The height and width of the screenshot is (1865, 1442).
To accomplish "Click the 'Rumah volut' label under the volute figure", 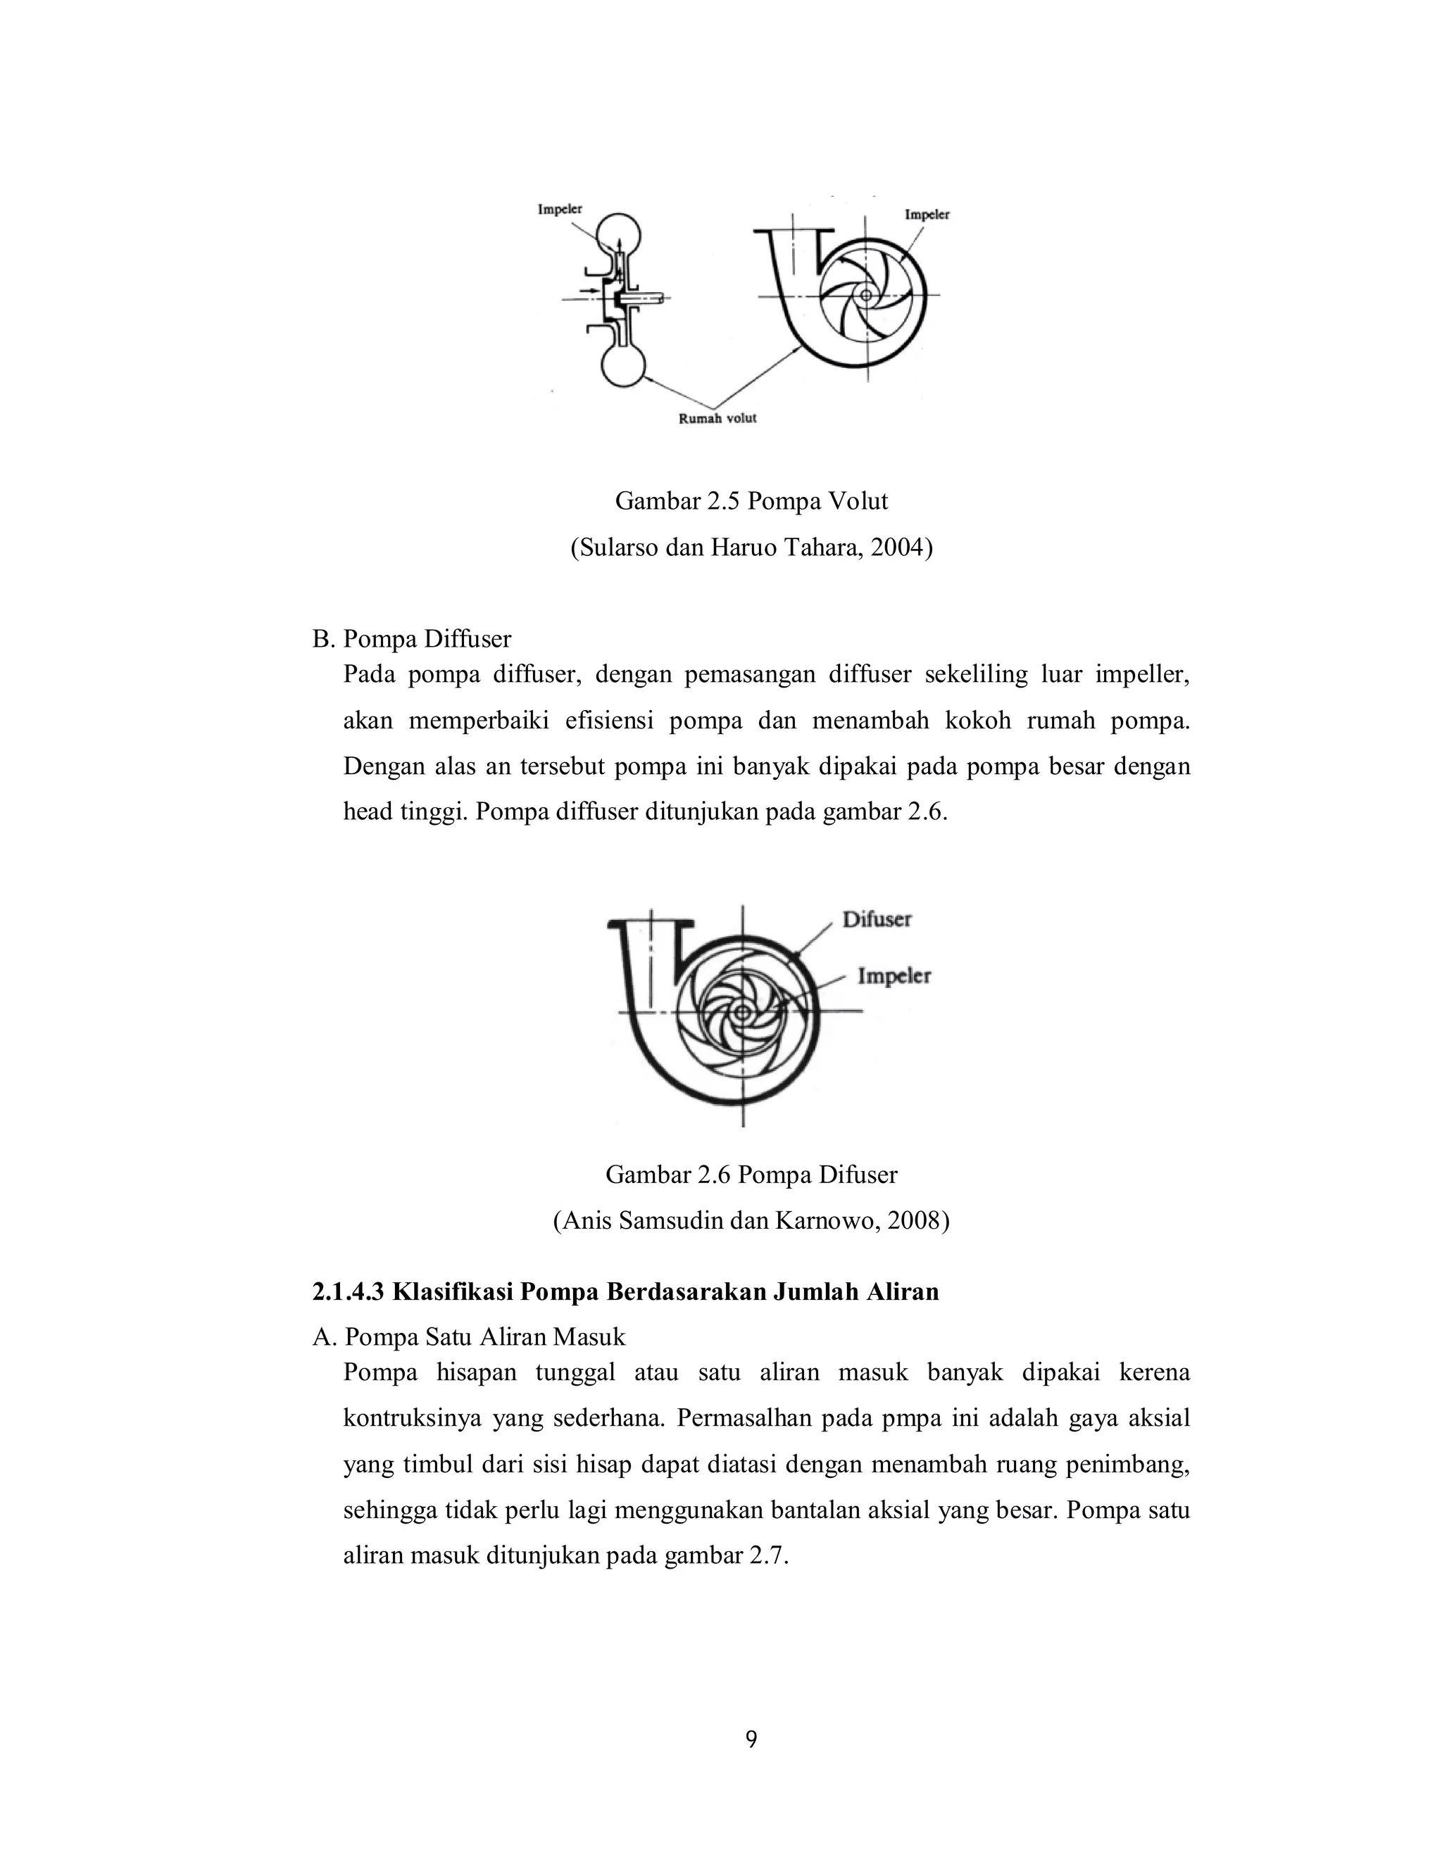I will (717, 419).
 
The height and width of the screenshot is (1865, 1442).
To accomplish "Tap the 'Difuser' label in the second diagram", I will (877, 920).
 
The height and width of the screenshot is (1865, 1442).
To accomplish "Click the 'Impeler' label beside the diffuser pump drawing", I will (894, 976).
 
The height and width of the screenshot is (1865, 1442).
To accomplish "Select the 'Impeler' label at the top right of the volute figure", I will (927, 215).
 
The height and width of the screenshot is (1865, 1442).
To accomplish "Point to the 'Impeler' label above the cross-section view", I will (560, 209).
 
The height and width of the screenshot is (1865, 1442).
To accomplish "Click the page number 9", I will (751, 1740).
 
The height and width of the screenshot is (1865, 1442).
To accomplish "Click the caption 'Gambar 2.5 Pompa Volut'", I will (751, 501).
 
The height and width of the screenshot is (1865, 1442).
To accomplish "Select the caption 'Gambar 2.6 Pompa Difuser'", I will (751, 1175).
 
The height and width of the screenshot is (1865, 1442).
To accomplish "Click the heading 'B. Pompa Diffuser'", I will (412, 639).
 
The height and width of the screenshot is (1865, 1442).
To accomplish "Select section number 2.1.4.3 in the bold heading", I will (349, 1292).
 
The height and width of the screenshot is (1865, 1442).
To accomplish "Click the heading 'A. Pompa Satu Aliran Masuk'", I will (469, 1337).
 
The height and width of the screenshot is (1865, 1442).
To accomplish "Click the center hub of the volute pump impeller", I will (865, 295).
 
